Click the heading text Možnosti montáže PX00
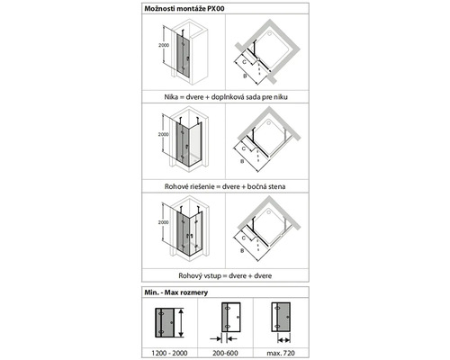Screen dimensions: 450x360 [x=184, y=8]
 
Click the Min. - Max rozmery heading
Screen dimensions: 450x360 [x=176, y=292]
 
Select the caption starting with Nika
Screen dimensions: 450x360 [x=226, y=97]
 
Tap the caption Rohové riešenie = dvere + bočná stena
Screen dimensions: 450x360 [x=225, y=186]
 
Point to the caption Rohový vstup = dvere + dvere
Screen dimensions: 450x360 [x=225, y=275]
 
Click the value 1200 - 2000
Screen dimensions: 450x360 [x=169, y=353]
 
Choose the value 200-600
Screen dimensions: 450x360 [x=225, y=353]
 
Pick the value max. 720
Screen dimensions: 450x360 [x=281, y=353]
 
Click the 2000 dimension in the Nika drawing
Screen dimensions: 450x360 [x=164, y=45]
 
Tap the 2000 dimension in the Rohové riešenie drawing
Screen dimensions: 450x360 [x=164, y=134]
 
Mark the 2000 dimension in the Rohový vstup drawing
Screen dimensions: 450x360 [x=164, y=222]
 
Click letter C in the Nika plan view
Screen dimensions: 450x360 [x=244, y=62]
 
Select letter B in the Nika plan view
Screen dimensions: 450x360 [x=245, y=76]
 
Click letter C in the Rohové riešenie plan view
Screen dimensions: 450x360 [x=244, y=148]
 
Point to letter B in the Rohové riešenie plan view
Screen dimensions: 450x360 [x=242, y=161]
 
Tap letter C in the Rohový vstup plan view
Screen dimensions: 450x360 [x=244, y=238]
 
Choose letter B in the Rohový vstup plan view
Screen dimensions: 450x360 [x=242, y=251]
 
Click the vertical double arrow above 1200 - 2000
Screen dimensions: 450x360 [x=181, y=322]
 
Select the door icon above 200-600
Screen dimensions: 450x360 [x=231, y=317]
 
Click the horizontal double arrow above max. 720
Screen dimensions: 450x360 [x=283, y=340]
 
